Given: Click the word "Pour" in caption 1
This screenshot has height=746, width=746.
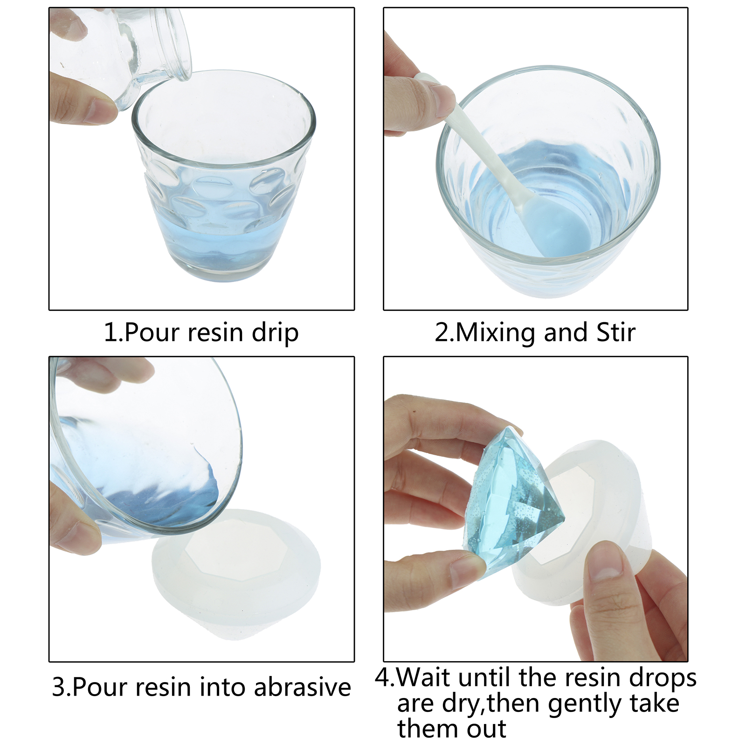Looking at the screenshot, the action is [x=152, y=333].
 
